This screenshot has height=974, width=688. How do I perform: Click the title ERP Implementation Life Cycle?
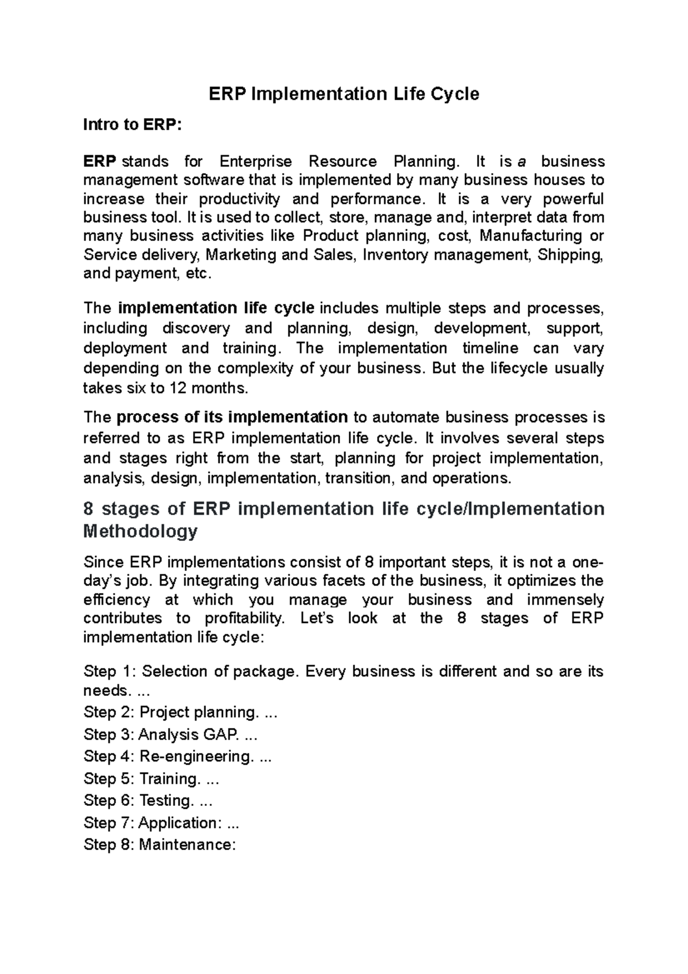343,93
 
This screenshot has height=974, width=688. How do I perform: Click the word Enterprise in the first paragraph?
256,161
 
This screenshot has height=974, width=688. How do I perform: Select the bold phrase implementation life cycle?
216,308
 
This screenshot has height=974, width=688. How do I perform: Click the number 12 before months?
178,388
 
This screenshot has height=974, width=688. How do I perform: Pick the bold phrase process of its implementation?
232,417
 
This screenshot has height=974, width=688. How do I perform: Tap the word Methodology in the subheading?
140,531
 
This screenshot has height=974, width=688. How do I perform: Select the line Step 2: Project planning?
180,712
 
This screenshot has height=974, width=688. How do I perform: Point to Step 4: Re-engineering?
177,757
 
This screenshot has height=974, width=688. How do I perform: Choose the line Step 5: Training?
151,779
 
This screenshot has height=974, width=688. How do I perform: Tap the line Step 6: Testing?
148,801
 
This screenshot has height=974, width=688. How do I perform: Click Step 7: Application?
161,823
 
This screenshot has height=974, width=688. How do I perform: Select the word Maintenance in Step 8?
187,845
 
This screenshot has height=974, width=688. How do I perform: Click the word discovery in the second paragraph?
196,329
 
